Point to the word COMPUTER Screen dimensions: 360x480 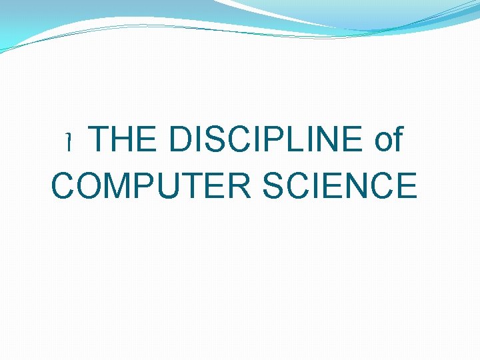[x=152, y=185]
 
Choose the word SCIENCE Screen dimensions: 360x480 [x=339, y=185]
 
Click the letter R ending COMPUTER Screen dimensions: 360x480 [x=241, y=185]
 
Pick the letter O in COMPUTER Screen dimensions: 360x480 [x=91, y=185]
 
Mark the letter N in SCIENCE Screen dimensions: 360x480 [x=357, y=185]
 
